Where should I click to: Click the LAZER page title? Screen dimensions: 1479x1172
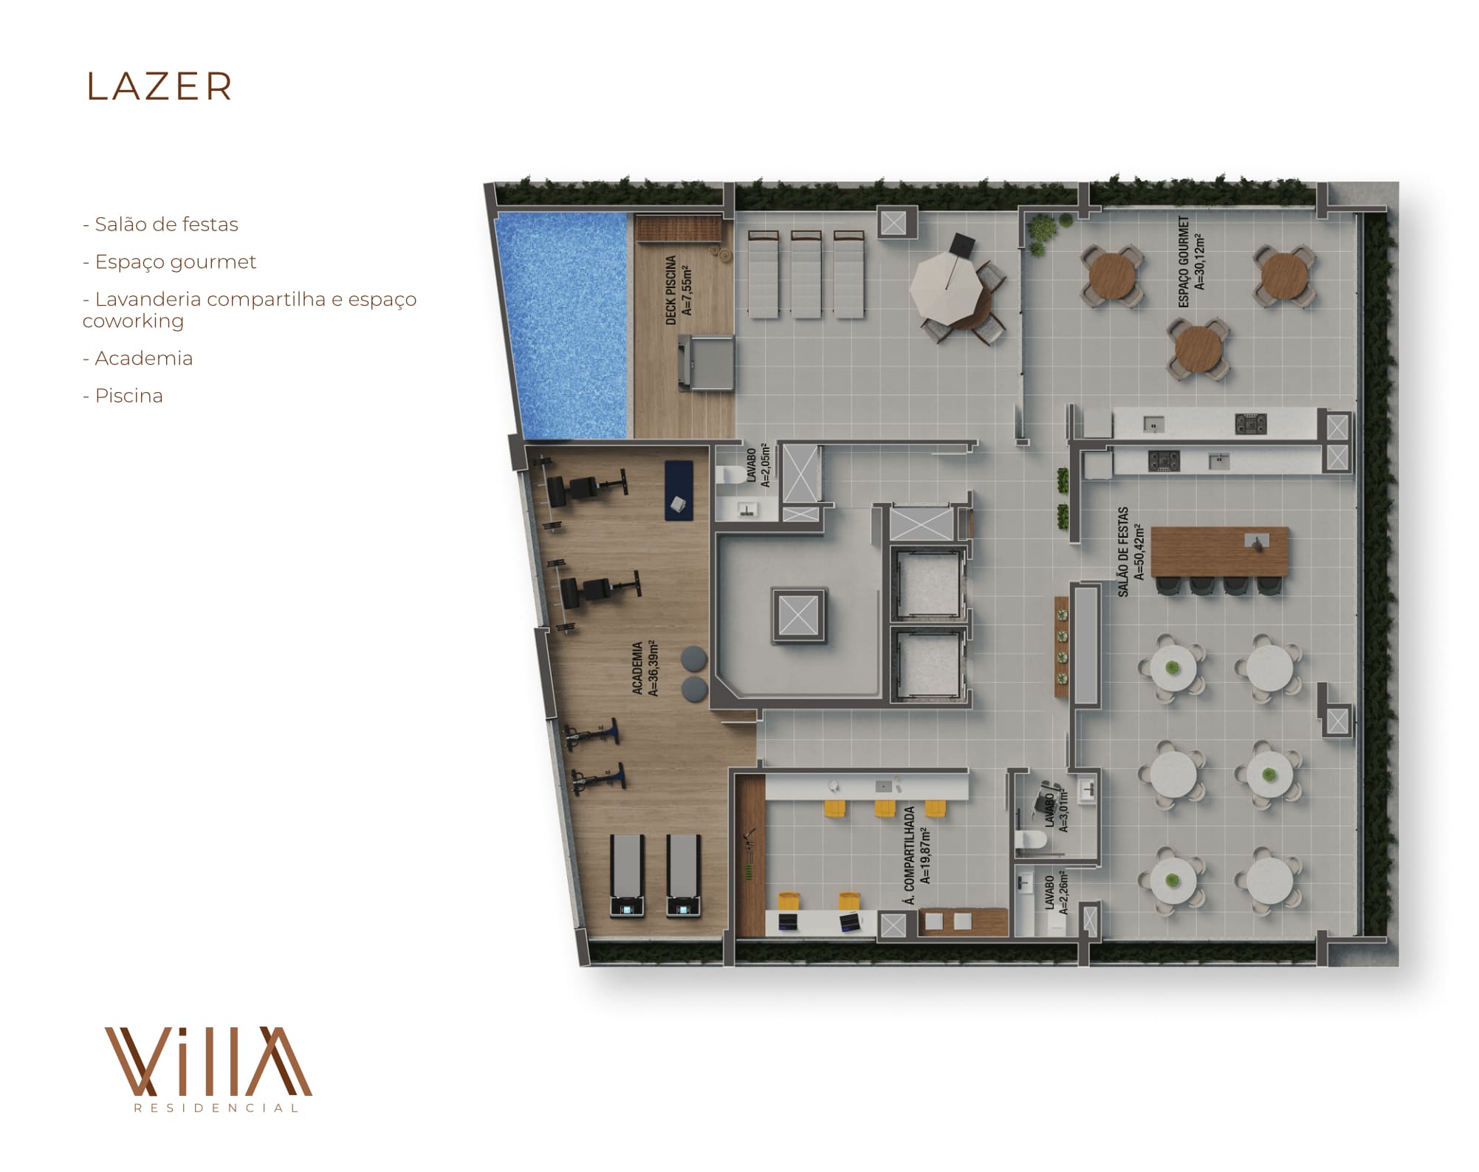point(159,87)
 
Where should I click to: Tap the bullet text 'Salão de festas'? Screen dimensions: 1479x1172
point(166,225)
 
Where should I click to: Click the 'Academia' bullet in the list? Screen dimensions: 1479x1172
point(143,358)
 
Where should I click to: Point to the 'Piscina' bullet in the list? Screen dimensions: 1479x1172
point(128,396)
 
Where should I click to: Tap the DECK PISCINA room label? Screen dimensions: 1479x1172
point(679,290)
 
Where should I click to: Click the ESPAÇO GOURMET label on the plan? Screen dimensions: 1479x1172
point(1191,261)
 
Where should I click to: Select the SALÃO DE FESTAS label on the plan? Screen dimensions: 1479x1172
point(1130,552)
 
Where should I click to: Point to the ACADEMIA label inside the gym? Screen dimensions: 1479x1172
point(645,668)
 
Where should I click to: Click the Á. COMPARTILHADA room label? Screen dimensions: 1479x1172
point(917,855)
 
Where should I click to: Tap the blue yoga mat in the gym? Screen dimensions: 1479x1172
point(679,490)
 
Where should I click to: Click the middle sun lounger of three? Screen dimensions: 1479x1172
point(806,274)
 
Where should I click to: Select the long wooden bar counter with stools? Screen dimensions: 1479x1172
point(1219,552)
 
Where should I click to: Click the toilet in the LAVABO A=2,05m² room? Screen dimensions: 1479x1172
point(732,474)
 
